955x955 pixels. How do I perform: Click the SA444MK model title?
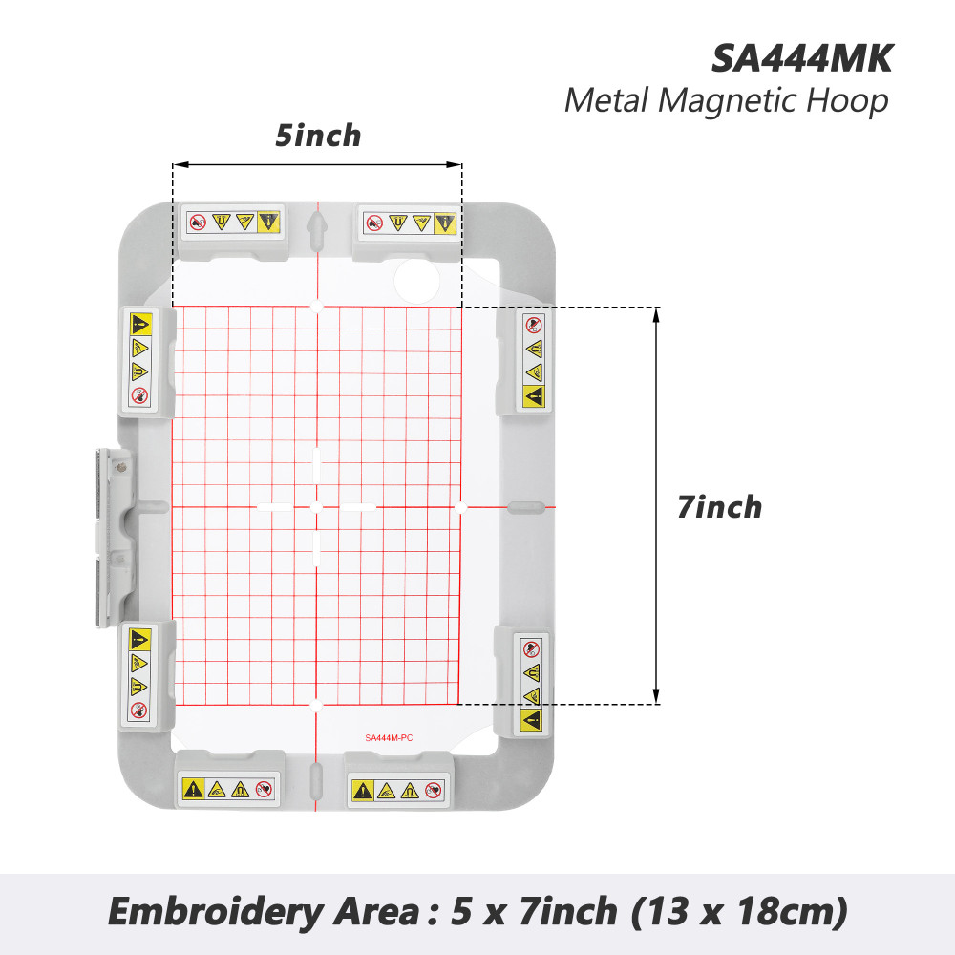tap(801, 59)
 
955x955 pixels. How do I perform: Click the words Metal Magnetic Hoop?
tap(727, 100)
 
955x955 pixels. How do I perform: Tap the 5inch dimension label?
tap(318, 136)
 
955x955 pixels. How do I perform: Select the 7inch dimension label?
tap(719, 507)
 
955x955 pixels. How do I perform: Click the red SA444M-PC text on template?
tap(389, 737)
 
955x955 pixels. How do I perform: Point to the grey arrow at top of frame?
tap(317, 230)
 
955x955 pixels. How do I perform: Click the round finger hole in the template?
tap(417, 281)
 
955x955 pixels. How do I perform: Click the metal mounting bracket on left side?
tap(114, 538)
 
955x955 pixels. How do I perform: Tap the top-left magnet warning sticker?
tap(233, 222)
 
